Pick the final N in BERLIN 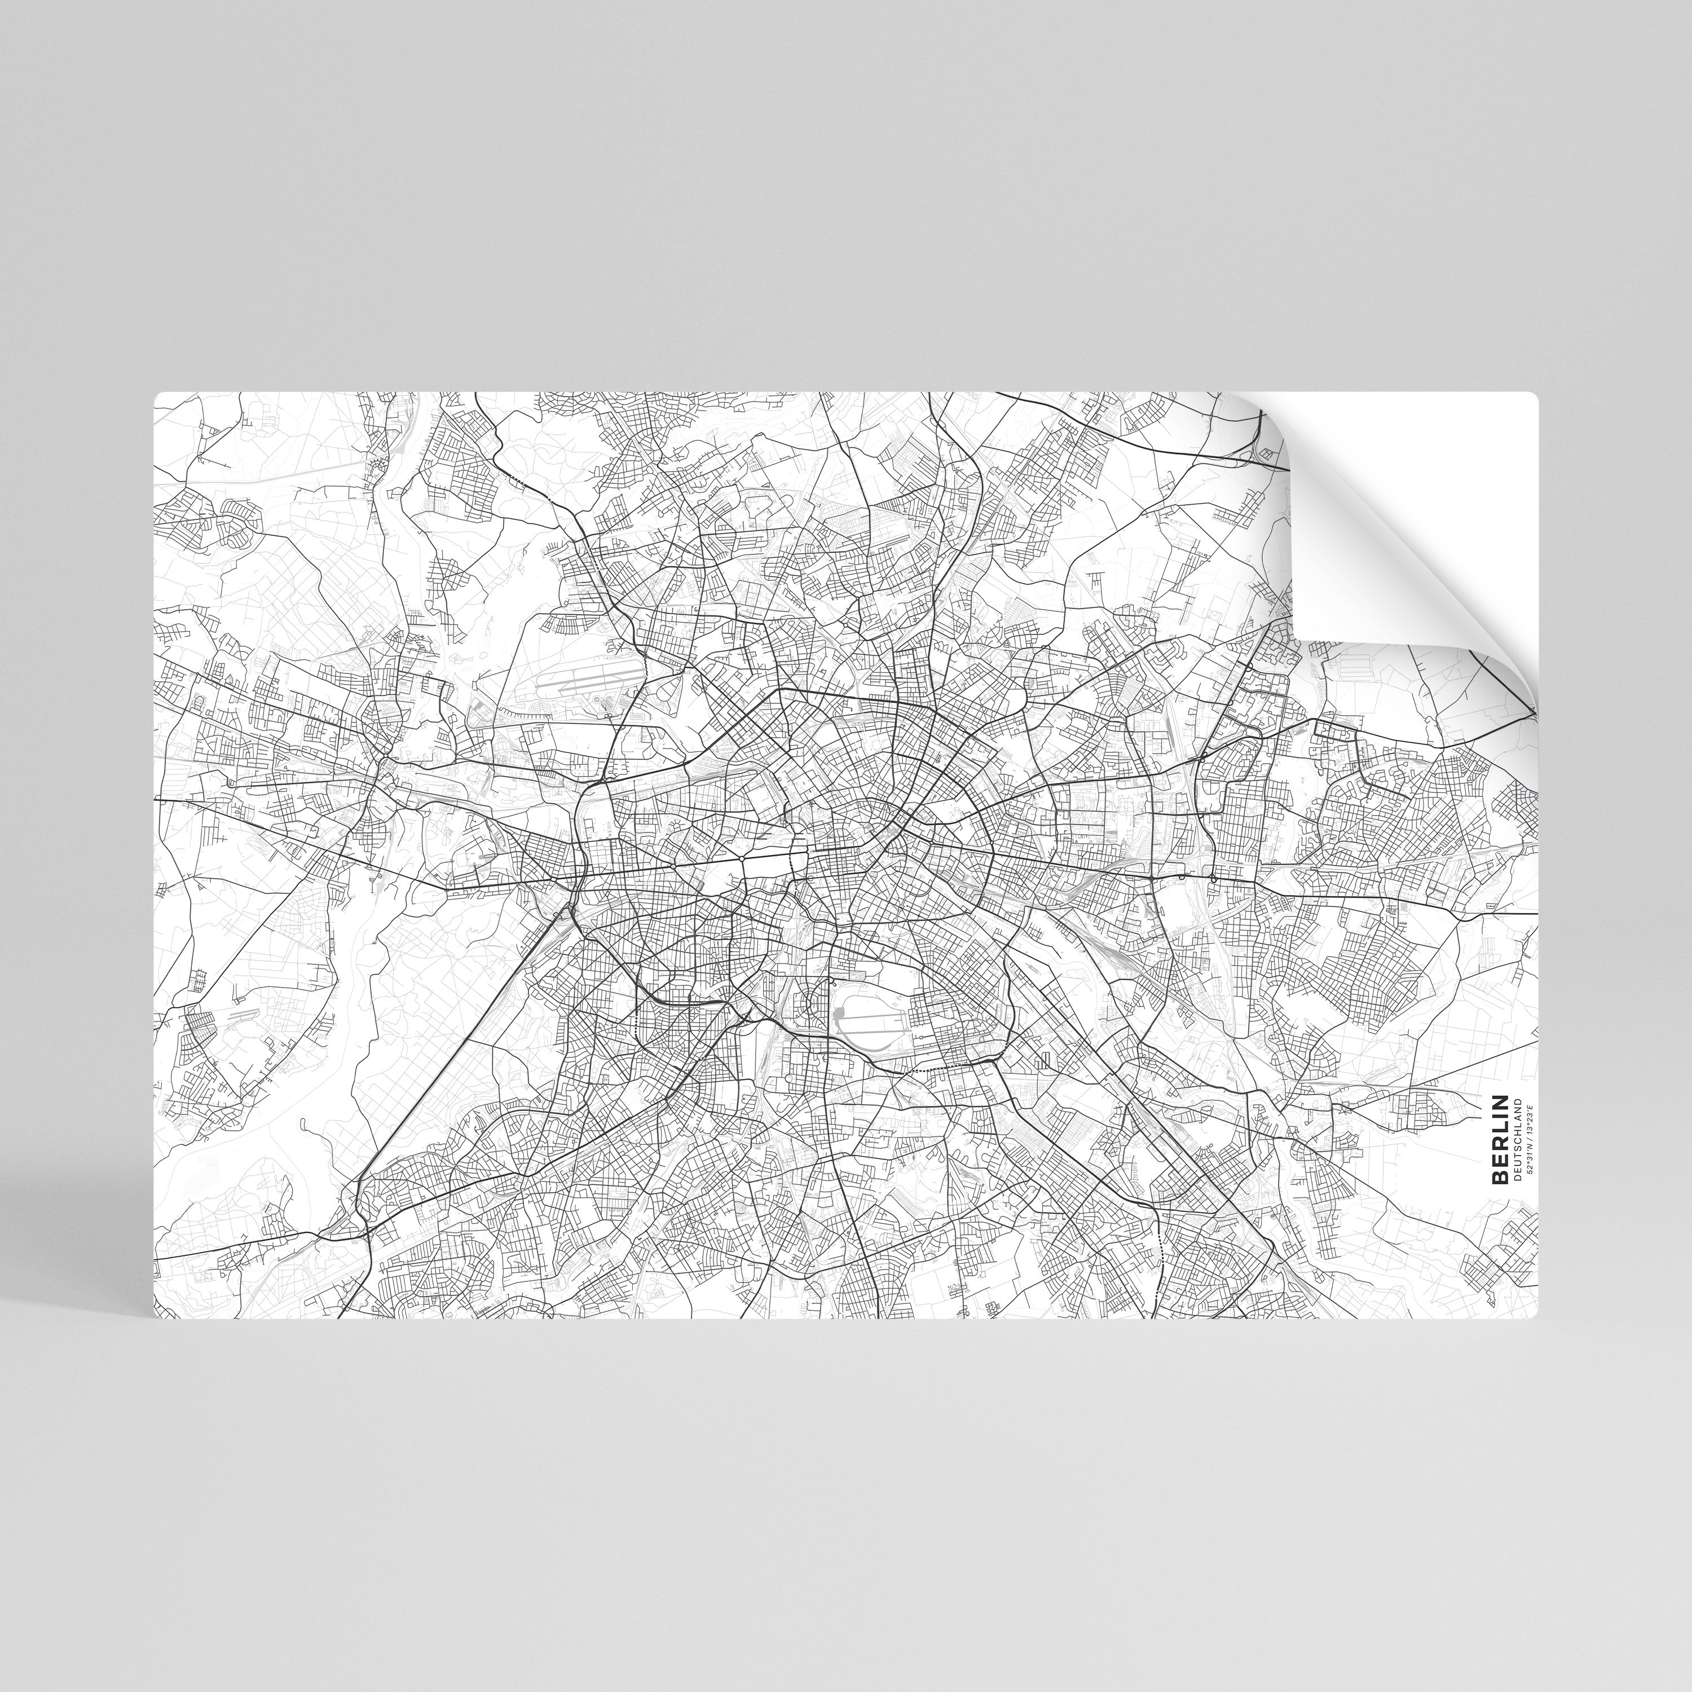(x=1499, y=1101)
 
